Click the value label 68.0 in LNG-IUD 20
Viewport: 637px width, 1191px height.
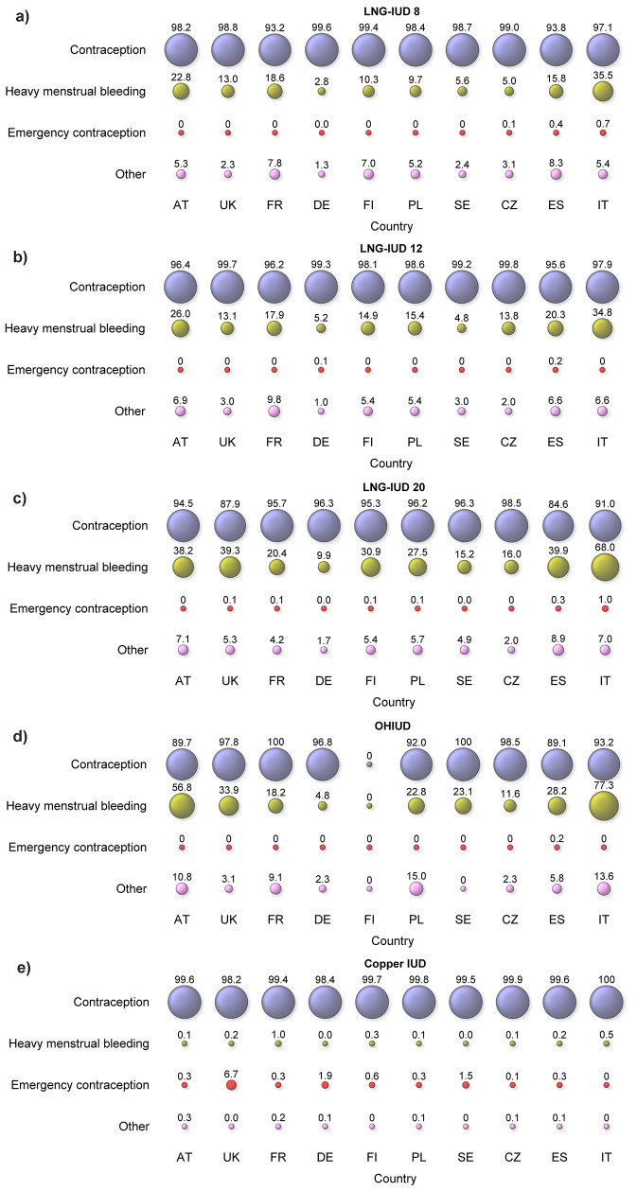coord(604,544)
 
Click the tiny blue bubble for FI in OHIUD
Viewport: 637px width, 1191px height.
coord(369,764)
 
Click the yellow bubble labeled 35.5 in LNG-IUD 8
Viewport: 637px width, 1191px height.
coord(604,91)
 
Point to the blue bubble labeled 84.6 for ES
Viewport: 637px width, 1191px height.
coord(557,525)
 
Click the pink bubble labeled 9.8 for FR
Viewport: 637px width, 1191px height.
coord(274,412)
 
